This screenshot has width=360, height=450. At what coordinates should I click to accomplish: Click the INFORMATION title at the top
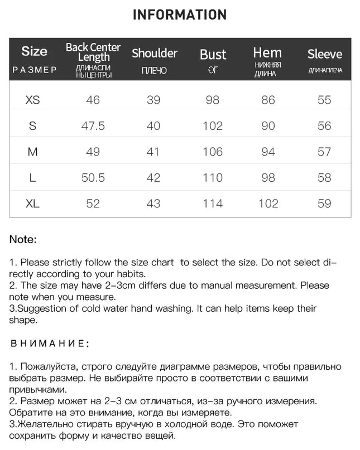click(180, 15)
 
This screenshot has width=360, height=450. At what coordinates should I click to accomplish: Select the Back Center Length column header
click(93, 52)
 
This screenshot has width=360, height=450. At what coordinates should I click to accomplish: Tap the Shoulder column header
click(154, 54)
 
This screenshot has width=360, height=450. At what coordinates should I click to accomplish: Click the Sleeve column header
click(324, 54)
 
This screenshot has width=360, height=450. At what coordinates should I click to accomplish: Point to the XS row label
click(33, 100)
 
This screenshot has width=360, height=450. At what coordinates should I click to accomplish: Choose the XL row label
click(33, 204)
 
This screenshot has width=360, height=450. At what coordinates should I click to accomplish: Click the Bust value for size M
click(213, 152)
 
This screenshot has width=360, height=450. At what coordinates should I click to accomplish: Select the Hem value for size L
click(268, 178)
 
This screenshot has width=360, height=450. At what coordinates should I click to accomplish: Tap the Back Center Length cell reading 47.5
click(93, 126)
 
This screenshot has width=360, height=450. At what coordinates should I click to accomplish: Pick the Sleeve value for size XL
click(324, 204)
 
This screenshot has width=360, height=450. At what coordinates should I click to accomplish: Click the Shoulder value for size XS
click(153, 100)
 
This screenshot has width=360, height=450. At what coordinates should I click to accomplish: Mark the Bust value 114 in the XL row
click(213, 204)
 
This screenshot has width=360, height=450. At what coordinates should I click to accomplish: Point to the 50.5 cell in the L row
click(93, 178)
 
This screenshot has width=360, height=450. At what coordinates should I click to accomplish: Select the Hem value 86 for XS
click(268, 100)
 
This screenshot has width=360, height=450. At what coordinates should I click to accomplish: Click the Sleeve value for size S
click(324, 126)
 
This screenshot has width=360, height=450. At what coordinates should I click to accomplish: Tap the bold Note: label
click(23, 240)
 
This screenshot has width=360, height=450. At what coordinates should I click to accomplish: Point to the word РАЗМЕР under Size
click(34, 70)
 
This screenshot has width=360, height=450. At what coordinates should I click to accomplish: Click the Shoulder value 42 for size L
click(153, 178)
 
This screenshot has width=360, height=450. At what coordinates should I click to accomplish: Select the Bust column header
click(213, 55)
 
